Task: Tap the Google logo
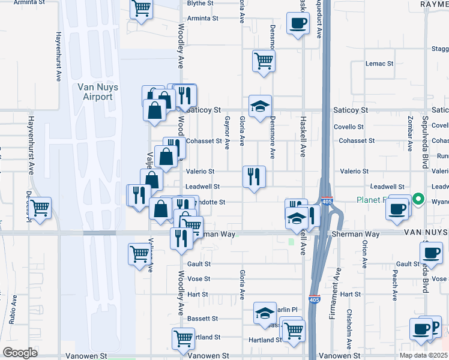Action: pyautogui.click(x=20, y=352)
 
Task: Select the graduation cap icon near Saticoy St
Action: pyautogui.click(x=260, y=106)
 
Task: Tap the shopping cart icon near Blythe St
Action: pyautogui.click(x=141, y=9)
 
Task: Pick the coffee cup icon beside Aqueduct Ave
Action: pyautogui.click(x=298, y=23)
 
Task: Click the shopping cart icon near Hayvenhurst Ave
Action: pyautogui.click(x=40, y=208)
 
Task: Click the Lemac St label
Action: pyautogui.click(x=379, y=63)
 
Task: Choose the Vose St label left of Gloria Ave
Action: pyautogui.click(x=199, y=279)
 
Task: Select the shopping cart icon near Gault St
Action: pyautogui.click(x=139, y=253)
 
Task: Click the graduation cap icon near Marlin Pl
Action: pyautogui.click(x=264, y=313)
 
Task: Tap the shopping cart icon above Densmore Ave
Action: pyautogui.click(x=264, y=60)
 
